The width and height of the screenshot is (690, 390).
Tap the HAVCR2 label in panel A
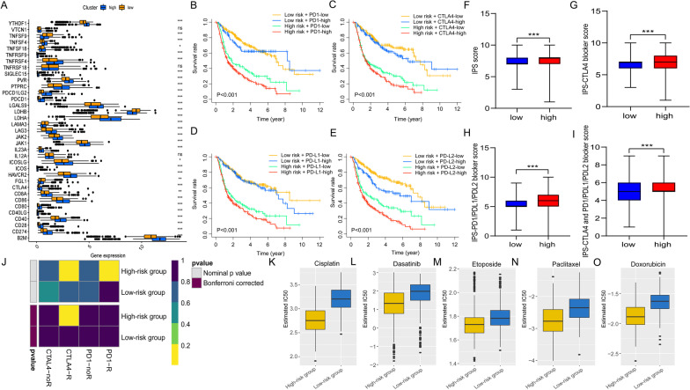click(17, 161)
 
